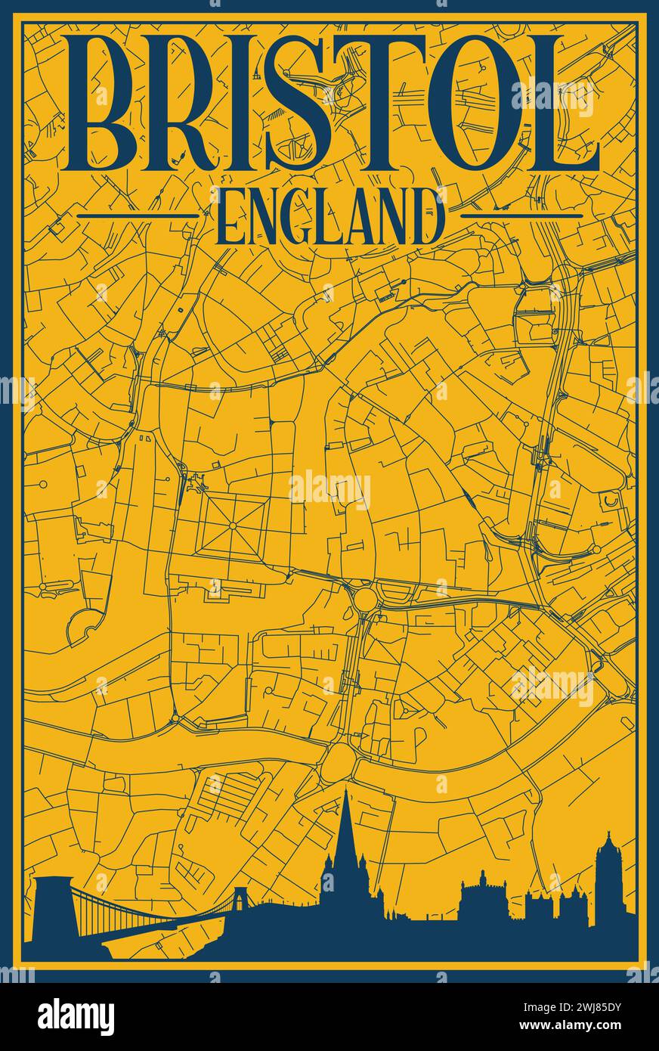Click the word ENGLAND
(329, 217)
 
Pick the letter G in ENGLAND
(292, 217)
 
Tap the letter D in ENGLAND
(425, 217)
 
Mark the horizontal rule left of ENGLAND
(138, 215)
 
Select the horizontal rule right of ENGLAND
(521, 215)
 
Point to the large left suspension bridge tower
(52, 907)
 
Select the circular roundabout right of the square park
(364, 600)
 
